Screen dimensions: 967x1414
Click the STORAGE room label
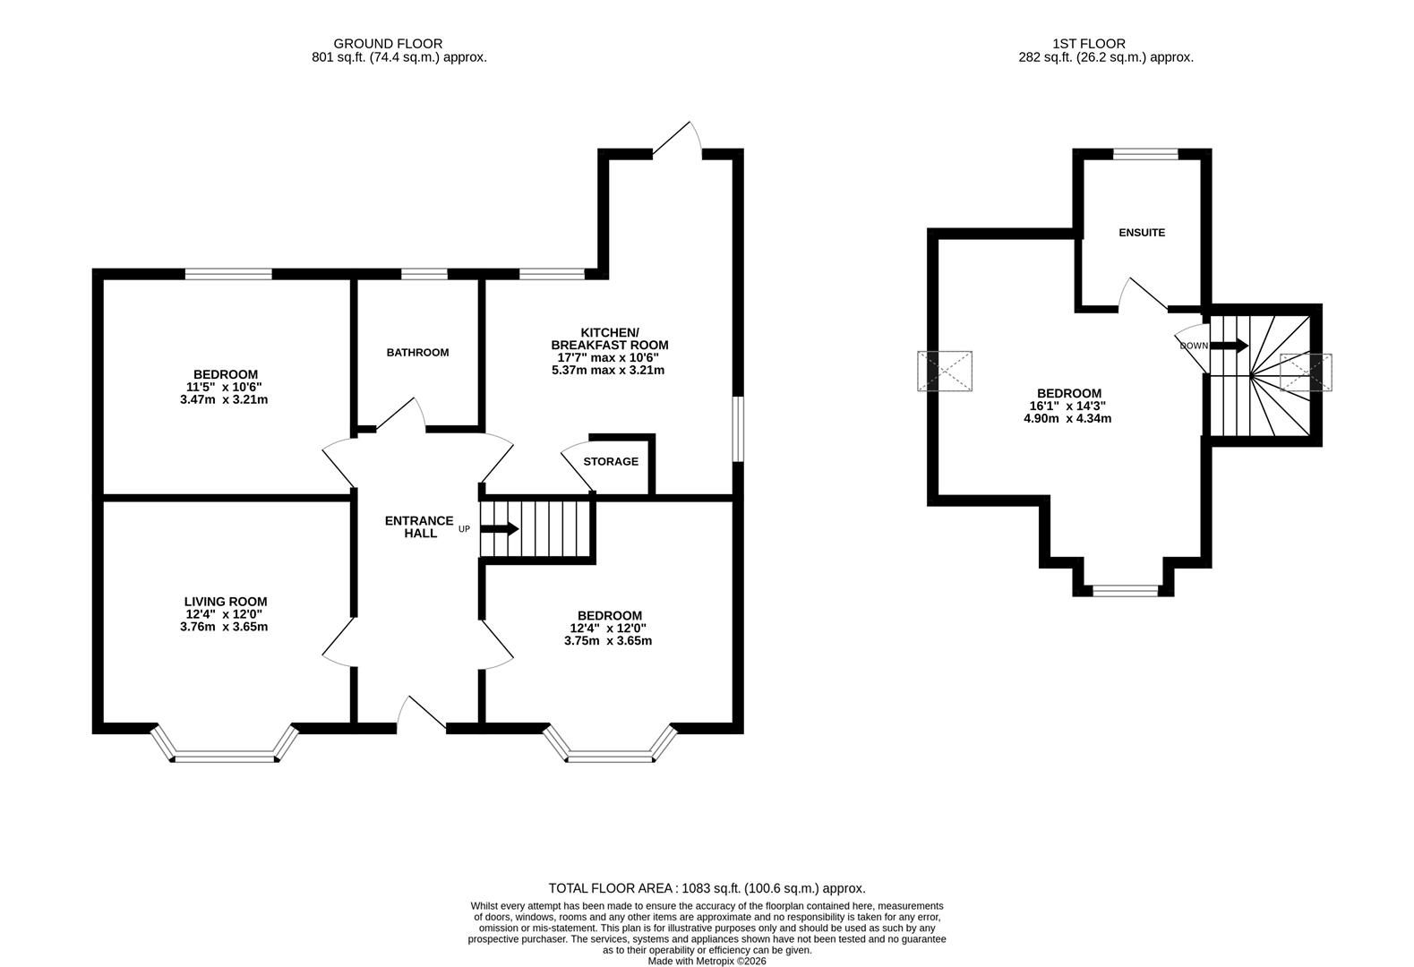coord(611,462)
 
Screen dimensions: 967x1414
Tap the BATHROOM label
coord(417,353)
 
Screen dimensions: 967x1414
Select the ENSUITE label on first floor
coord(1142,233)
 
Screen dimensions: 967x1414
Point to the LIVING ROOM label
coord(226,602)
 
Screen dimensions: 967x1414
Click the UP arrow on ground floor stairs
coord(501,528)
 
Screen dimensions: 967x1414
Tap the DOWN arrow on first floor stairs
coord(1229,346)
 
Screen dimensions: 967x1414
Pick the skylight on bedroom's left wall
coord(944,372)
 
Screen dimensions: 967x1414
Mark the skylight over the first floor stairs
coord(1306,372)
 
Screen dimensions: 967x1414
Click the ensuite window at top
coord(1145,154)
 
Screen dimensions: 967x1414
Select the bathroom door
coord(399,416)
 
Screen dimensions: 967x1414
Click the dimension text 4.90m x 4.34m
coord(1067,418)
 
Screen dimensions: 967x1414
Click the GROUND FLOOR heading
coord(388,43)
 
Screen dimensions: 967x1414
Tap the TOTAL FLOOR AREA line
coord(707,888)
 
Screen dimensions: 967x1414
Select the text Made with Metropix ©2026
coord(707,961)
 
